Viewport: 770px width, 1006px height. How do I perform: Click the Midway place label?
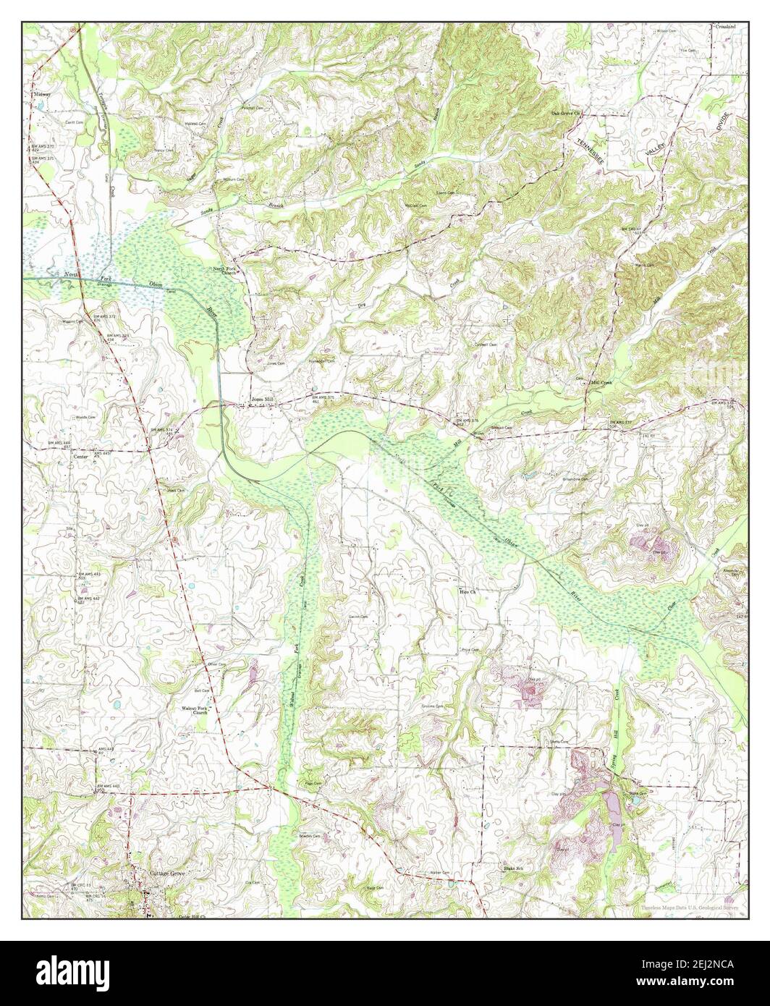(41, 94)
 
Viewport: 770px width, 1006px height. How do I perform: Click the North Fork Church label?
(224, 271)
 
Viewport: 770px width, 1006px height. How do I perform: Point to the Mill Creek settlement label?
(601, 381)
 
